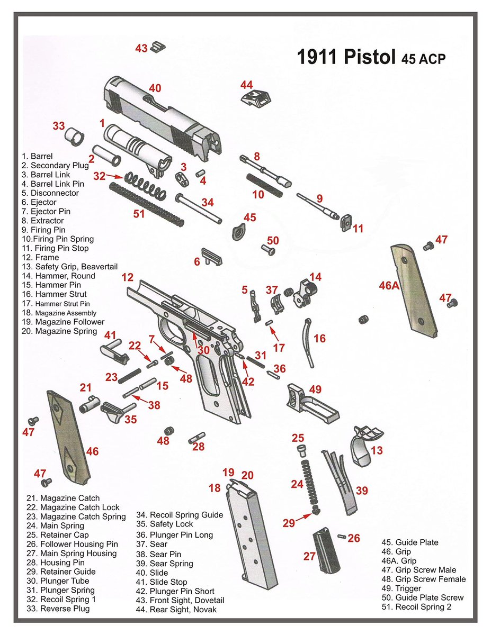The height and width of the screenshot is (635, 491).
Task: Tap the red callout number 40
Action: [x=154, y=88]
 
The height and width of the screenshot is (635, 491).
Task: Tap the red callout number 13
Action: [x=376, y=450]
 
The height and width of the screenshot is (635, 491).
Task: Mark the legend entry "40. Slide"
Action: [x=152, y=573]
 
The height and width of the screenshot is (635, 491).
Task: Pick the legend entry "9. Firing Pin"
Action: [x=43, y=230]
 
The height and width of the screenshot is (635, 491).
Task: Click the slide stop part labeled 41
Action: [x=116, y=351]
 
